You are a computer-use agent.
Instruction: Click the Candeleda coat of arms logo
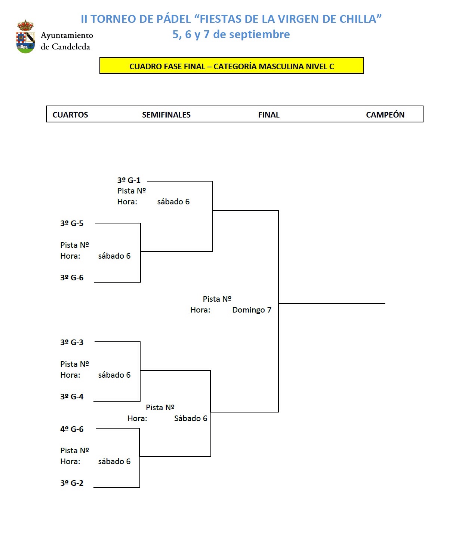click(26, 37)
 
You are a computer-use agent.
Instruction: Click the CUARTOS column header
click(70, 115)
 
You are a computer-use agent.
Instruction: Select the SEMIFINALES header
click(166, 115)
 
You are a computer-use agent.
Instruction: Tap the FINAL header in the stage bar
click(269, 115)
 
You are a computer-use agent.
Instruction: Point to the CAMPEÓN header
click(385, 115)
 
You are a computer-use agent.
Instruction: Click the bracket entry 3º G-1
click(129, 180)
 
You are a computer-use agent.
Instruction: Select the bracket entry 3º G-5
click(72, 223)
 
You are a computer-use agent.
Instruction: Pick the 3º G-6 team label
click(72, 278)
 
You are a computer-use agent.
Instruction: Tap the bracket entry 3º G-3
click(72, 342)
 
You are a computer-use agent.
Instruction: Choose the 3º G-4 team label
click(72, 397)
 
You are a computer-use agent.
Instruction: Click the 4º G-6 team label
click(72, 429)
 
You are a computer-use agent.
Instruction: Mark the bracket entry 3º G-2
click(72, 483)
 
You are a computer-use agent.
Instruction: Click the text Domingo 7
click(252, 310)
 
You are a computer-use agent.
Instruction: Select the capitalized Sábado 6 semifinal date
click(191, 418)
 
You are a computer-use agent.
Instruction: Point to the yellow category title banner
click(231, 66)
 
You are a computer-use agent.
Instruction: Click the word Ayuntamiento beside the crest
click(67, 35)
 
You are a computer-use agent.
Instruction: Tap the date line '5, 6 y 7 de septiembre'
click(231, 34)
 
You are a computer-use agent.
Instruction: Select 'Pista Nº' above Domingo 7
click(217, 299)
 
